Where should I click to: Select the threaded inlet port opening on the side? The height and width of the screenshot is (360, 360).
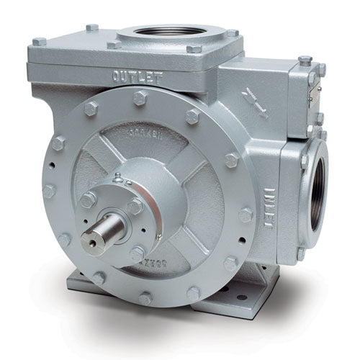click(318, 194)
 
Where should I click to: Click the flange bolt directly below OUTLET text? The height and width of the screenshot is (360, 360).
click(140, 99)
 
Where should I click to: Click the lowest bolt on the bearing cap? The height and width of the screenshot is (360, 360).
click(137, 253)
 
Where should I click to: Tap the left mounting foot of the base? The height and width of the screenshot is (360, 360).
click(80, 281)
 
